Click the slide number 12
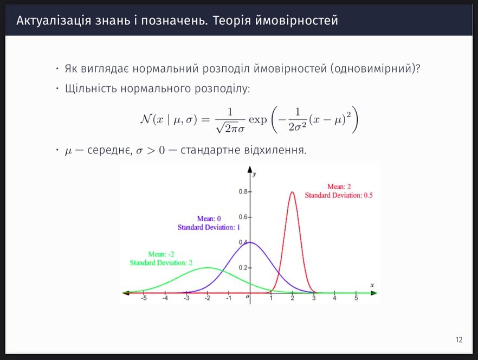point(459,340)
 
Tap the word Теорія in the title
point(231,21)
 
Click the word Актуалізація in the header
point(54,21)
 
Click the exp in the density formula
point(258,120)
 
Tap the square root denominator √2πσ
point(230,128)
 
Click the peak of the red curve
point(292,192)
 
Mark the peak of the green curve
point(208,267)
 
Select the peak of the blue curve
point(250,242)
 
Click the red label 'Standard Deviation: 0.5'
point(339,195)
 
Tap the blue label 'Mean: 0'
point(209,218)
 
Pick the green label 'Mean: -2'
point(162,254)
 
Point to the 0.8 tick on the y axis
point(250,191)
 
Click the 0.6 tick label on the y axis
point(243,217)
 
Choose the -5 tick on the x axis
point(144,293)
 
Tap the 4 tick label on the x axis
point(334,298)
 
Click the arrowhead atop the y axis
point(250,169)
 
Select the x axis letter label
point(372,285)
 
